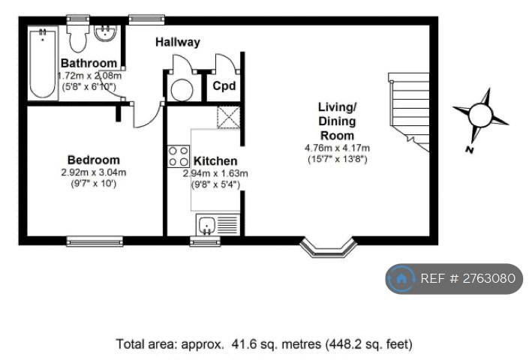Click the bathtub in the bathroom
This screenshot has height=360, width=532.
(x=43, y=63)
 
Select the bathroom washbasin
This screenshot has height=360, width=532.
(x=105, y=33)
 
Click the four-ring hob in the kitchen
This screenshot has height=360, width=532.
(x=179, y=156)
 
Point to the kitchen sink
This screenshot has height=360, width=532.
(x=218, y=224)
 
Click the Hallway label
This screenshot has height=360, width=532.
(x=178, y=42)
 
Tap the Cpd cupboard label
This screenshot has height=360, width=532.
(x=224, y=85)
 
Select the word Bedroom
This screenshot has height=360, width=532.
(x=94, y=160)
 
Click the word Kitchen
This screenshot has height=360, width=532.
(x=215, y=161)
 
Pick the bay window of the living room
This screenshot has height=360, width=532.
(x=328, y=248)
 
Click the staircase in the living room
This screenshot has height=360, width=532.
(x=409, y=112)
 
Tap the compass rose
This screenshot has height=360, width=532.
(x=480, y=115)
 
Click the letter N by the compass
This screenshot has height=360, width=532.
(x=470, y=149)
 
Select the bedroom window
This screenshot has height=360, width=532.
(x=95, y=241)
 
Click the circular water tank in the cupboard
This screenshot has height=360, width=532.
(x=182, y=90)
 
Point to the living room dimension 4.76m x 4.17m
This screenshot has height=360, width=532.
(x=337, y=148)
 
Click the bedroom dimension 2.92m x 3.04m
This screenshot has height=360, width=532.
(x=94, y=172)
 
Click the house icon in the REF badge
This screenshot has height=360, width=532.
(x=401, y=279)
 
